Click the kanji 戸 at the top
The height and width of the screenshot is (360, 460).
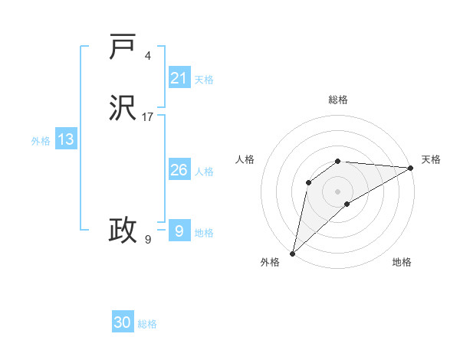tap(123, 47)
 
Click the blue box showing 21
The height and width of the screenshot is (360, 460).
tap(179, 77)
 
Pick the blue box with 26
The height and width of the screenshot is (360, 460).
tap(179, 170)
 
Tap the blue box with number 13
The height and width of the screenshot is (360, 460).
tap(65, 139)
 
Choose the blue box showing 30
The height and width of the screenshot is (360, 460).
tap(123, 322)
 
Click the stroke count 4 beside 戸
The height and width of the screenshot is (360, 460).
tap(148, 56)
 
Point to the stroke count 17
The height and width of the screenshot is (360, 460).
tap(148, 117)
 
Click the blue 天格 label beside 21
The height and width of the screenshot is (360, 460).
tap(204, 79)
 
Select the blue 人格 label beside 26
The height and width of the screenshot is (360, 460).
tap(204, 172)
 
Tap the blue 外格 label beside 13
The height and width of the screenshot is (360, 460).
tap(41, 141)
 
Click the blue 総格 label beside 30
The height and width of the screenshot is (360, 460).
tap(148, 324)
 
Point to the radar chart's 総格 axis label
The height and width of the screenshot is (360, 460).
tap(338, 100)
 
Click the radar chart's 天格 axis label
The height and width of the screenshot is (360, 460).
tap(431, 159)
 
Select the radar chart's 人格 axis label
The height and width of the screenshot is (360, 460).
tap(245, 159)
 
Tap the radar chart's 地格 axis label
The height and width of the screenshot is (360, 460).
tap(402, 262)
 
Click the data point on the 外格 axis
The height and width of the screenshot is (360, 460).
tap(292, 253)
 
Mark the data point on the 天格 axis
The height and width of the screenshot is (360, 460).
tap(411, 168)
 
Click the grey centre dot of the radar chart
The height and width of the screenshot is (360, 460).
tap(338, 191)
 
